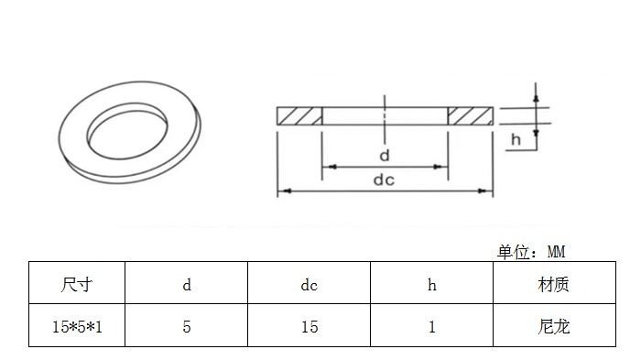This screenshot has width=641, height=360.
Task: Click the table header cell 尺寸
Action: pos(76,285)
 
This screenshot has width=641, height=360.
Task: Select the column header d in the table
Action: pos(187,285)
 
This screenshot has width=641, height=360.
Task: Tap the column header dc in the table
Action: pos(310,285)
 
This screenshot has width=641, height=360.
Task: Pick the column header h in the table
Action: pos(431,285)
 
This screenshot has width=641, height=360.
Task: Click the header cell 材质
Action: pos(553,285)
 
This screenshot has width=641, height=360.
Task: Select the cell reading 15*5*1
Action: pos(77,327)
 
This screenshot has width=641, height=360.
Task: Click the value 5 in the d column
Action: pos(187,327)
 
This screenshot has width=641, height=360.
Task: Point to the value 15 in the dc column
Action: pos(310,327)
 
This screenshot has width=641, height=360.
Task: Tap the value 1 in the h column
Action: pos(431,327)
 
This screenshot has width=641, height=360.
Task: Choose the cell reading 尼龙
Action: pos(553,327)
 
